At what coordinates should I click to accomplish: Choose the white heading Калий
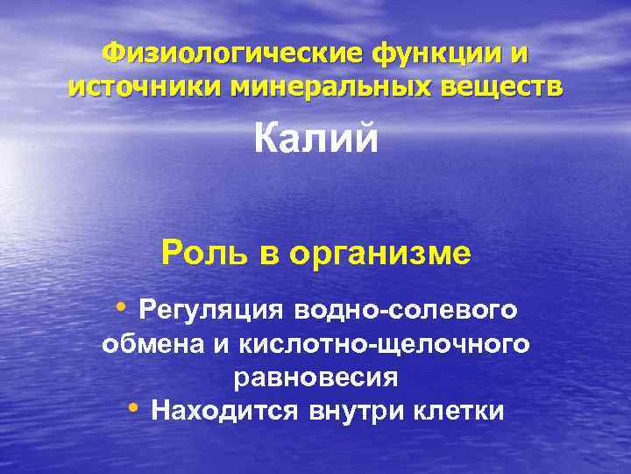pyautogui.click(x=315, y=138)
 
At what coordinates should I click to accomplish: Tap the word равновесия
pyautogui.click(x=315, y=377)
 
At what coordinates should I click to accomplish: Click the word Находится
pyautogui.click(x=223, y=411)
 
